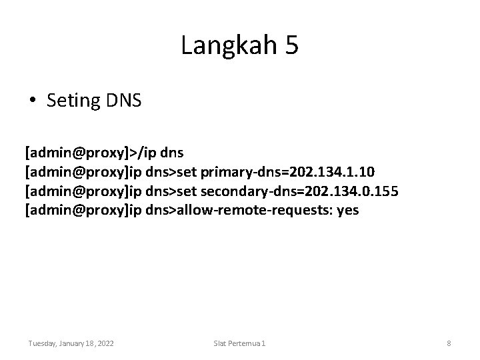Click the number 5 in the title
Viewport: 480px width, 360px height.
[x=291, y=45]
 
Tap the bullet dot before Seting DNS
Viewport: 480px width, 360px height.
[x=33, y=101]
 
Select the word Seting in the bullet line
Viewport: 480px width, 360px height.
[x=71, y=101]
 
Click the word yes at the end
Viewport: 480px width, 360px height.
[x=348, y=210]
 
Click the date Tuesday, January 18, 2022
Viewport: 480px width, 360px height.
[x=71, y=343]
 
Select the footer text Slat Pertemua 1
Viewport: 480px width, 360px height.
[x=239, y=343]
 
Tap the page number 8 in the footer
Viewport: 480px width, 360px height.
[x=449, y=343]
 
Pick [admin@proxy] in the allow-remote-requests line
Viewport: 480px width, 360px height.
[x=77, y=210]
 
